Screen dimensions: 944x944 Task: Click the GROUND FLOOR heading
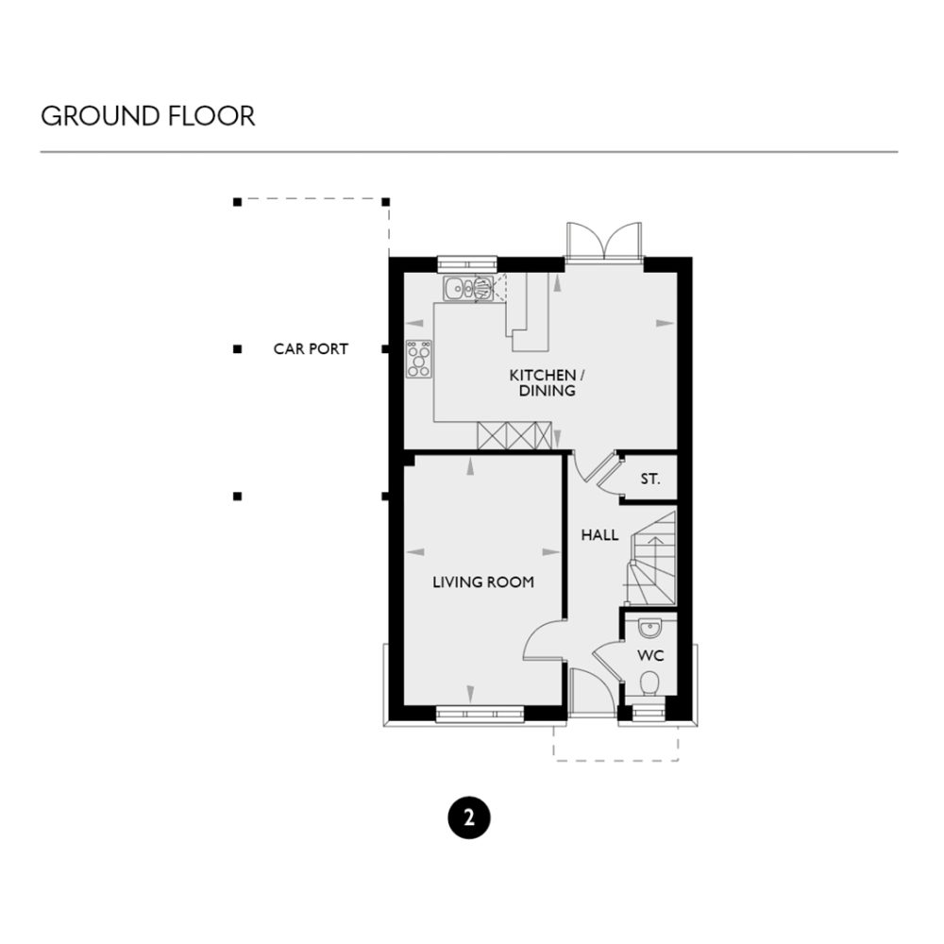[x=147, y=116]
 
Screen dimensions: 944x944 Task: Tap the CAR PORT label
[x=311, y=349]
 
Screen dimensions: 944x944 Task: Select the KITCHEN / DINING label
[x=542, y=382]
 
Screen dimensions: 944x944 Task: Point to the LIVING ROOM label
[x=482, y=582]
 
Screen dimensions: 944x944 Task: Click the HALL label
[x=599, y=535]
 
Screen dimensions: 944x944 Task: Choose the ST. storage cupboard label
[x=649, y=480]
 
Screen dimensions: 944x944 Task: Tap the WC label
[x=649, y=654]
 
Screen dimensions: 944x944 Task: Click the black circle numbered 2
[x=469, y=818]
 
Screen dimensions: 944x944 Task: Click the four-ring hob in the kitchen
[x=419, y=359]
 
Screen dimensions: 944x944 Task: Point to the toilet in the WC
[x=649, y=683]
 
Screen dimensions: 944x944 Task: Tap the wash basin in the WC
[x=649, y=627]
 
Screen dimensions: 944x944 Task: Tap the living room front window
[x=480, y=715]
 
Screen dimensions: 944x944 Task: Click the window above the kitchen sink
[x=467, y=263]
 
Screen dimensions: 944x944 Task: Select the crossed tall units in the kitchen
[x=515, y=437]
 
